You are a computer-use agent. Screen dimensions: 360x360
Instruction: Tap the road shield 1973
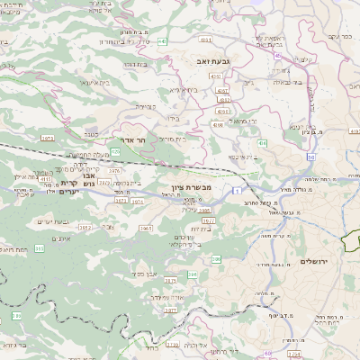pos(49,138)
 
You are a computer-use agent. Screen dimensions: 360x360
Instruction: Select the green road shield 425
pos(115,151)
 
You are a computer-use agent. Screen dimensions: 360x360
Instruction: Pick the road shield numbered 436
pos(262,142)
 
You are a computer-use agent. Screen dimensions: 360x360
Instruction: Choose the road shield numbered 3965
pos(144,229)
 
